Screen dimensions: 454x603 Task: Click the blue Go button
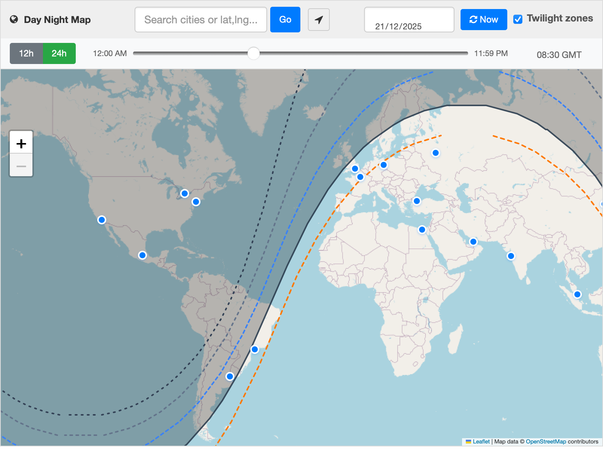285,20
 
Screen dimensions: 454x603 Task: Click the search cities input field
200,20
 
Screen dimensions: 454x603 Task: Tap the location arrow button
319,20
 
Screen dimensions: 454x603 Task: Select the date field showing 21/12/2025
409,20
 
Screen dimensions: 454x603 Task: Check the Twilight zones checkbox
518,19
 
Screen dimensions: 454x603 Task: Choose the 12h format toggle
26,53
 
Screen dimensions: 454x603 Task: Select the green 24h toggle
59,53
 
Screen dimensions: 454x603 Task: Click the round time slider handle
254,53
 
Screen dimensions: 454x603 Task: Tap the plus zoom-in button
21,143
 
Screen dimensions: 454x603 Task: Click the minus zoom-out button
21,166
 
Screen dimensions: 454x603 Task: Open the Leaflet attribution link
481,442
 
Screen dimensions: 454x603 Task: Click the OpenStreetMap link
546,442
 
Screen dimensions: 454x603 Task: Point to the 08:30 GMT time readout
559,55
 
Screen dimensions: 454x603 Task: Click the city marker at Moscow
436,153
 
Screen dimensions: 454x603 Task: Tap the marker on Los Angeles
102,220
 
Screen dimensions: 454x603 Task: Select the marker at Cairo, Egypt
422,230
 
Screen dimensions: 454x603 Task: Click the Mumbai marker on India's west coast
511,256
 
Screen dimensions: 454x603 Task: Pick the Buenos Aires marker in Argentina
230,376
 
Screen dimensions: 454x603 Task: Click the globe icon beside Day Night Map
14,20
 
